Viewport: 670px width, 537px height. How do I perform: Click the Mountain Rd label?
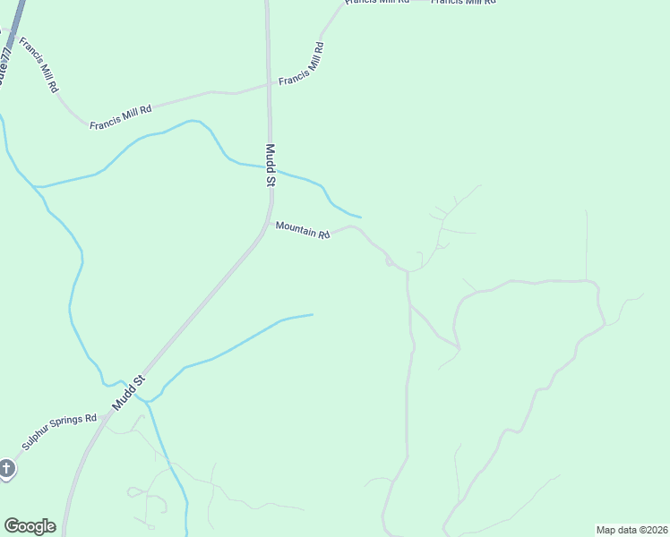pos(303,230)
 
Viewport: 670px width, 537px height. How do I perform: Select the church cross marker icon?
pos(6,468)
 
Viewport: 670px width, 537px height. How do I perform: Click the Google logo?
pos(30,526)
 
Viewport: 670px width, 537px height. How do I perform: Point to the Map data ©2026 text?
pos(631,529)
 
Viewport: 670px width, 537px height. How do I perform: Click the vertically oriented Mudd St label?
pos(270,165)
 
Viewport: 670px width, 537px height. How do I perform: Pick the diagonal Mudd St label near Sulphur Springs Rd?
pos(128,394)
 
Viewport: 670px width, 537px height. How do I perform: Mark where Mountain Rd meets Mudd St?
pos(271,222)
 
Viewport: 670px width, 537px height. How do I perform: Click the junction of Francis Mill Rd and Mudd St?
pos(269,85)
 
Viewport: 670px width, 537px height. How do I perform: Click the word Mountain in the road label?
pos(296,228)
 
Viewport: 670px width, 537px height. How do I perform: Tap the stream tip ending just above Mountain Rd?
pos(360,217)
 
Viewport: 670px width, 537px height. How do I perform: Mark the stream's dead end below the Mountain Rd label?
pos(313,314)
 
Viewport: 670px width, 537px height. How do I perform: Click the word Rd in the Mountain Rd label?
pos(323,235)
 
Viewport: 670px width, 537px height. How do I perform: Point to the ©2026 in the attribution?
pos(651,529)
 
